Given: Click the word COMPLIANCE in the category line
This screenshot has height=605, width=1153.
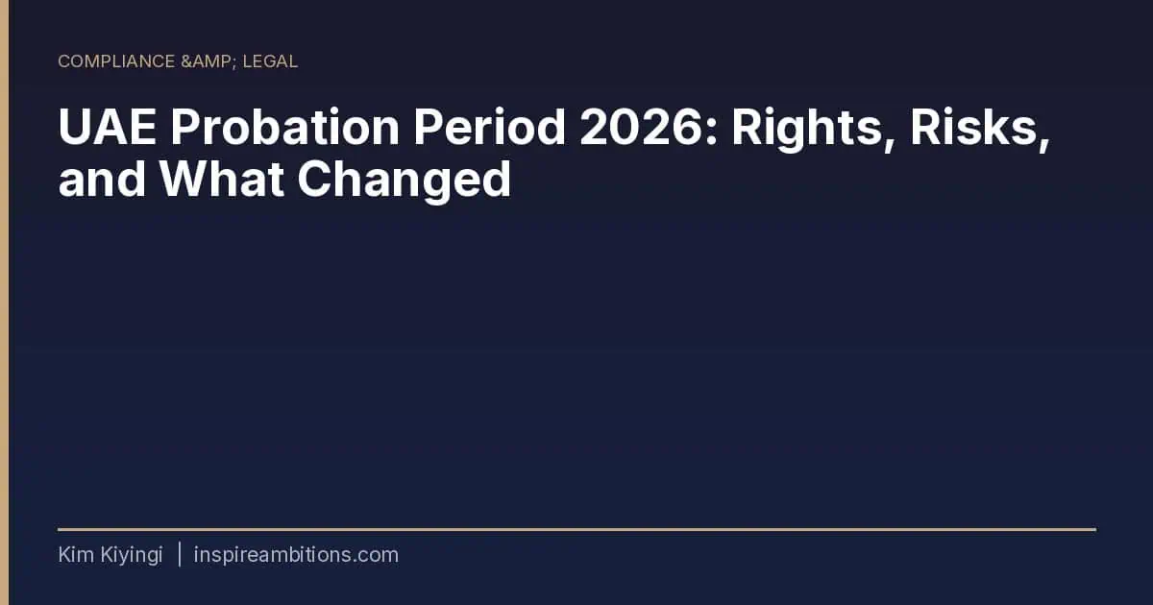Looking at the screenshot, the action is [116, 61].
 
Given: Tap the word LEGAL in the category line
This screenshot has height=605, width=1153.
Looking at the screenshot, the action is [270, 61].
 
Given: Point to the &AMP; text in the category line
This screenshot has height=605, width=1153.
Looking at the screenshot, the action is [209, 61].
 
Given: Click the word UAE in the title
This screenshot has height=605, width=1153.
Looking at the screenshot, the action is [107, 127].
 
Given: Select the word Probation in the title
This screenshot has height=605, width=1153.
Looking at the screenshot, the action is [285, 127].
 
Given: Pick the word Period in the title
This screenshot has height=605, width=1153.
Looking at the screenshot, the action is [489, 127].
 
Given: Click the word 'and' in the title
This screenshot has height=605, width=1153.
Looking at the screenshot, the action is [102, 179].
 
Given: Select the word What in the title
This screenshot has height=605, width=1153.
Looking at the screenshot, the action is [221, 179].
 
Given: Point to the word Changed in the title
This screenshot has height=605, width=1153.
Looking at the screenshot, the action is [405, 181].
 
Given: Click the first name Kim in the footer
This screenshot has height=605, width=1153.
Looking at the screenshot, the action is [76, 555].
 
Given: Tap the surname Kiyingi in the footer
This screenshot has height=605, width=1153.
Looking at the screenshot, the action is [132, 556].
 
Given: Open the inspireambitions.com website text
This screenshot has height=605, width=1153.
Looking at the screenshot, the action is [296, 555].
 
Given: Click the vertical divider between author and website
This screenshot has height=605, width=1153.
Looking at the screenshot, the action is [179, 554].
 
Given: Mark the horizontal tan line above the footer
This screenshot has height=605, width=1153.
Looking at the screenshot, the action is [577, 529].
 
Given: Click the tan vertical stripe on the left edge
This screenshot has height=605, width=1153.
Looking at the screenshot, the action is [4, 302].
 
